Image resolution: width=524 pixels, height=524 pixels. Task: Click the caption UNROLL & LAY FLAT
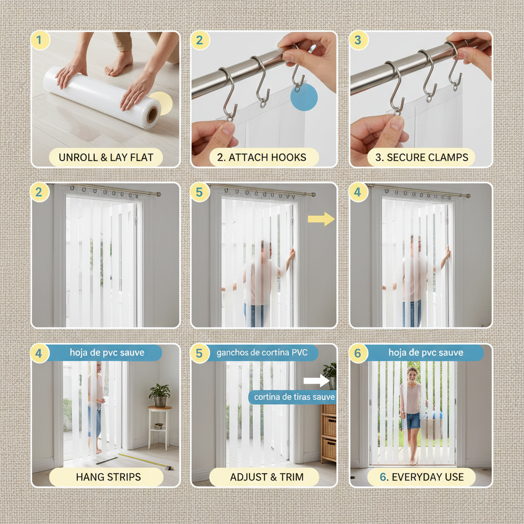105,157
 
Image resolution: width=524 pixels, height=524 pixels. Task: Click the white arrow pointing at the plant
316,381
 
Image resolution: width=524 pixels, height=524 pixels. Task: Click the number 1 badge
40,40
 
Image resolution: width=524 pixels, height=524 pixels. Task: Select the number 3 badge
358,40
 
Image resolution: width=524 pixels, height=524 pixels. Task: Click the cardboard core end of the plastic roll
152,115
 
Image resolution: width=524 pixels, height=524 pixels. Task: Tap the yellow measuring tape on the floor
146,461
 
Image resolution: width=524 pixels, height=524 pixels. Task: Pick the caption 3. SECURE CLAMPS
422,157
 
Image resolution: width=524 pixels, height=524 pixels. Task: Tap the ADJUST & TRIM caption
267,477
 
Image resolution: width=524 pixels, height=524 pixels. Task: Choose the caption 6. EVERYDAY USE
422,477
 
